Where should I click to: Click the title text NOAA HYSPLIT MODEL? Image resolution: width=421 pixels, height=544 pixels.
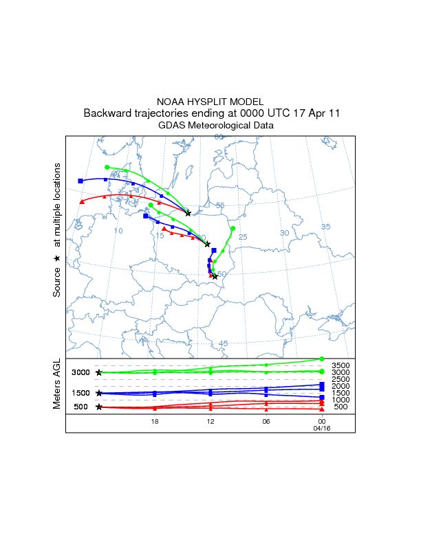pos(210,101)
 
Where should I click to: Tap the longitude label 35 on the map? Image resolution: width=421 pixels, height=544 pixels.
pos(326,227)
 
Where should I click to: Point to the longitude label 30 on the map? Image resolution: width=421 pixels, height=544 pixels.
pos(284,233)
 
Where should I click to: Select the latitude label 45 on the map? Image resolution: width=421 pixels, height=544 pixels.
pos(223,343)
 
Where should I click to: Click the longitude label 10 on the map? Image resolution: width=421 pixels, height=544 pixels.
pos(118,231)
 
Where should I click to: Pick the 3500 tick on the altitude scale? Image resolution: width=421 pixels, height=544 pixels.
pos(341,365)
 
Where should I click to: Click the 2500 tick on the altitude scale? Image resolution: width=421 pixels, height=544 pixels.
pos(341,379)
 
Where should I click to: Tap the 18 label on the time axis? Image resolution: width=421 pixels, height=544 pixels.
pos(155,421)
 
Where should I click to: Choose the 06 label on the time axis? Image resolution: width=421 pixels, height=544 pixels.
pos(266,421)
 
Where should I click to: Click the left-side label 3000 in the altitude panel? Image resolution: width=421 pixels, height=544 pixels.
pos(81,372)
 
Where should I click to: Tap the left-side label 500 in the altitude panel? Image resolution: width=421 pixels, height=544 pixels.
pos(81,407)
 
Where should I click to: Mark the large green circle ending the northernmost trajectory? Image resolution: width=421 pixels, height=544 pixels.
pos(107,167)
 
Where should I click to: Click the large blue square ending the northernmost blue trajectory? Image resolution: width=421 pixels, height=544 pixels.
pos(80,181)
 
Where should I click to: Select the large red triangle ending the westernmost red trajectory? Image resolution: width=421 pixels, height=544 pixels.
pos(82,201)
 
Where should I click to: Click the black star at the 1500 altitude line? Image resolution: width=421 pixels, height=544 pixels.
pos(99,393)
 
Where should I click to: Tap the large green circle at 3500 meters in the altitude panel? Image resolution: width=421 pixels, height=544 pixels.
pos(322,359)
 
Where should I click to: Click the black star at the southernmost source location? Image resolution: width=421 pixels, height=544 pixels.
pos(215,276)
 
